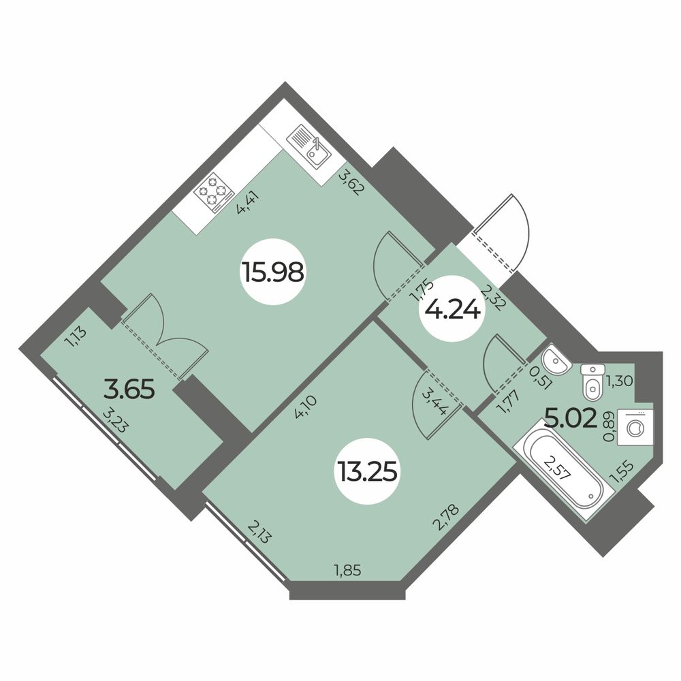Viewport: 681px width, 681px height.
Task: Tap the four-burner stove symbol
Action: (x=213, y=193)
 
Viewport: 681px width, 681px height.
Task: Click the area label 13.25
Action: (x=366, y=469)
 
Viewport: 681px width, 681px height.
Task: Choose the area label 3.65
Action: (x=130, y=390)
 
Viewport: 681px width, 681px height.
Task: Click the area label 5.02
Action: (x=571, y=415)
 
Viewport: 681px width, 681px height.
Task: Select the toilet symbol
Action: (x=592, y=382)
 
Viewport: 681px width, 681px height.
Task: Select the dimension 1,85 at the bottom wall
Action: (x=346, y=569)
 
